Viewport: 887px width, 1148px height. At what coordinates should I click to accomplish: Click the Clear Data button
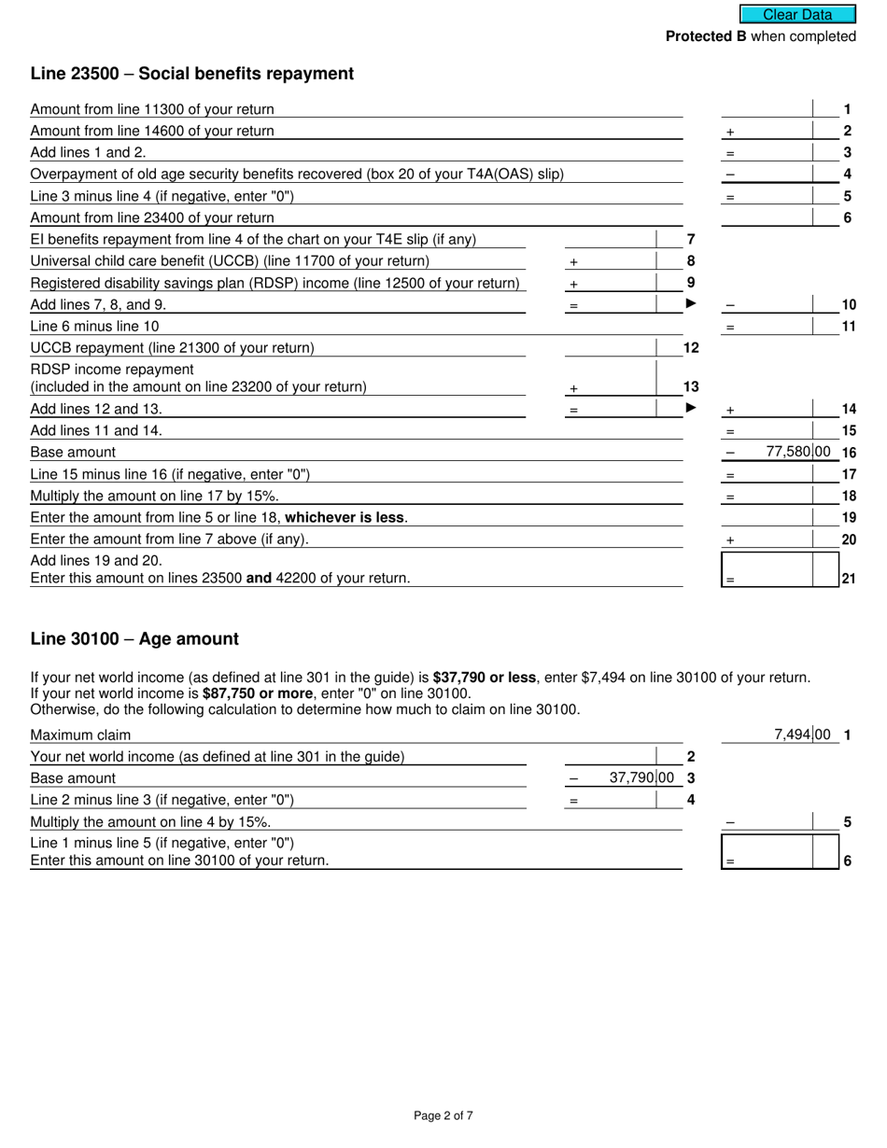point(797,14)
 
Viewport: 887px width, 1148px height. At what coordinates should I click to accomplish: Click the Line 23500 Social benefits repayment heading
point(191,74)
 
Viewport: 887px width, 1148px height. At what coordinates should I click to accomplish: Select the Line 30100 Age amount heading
point(134,639)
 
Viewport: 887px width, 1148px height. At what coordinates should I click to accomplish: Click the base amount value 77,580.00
point(797,452)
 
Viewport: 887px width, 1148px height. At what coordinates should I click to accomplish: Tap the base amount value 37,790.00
point(641,777)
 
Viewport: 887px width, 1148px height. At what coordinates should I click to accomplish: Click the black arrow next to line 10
point(692,304)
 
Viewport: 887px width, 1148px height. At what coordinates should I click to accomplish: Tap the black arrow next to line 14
point(692,408)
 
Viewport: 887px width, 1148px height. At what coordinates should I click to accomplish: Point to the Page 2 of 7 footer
point(443,1115)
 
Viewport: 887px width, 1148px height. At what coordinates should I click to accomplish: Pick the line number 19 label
point(849,518)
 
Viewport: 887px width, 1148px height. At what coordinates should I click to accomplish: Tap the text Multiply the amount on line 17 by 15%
point(154,496)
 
